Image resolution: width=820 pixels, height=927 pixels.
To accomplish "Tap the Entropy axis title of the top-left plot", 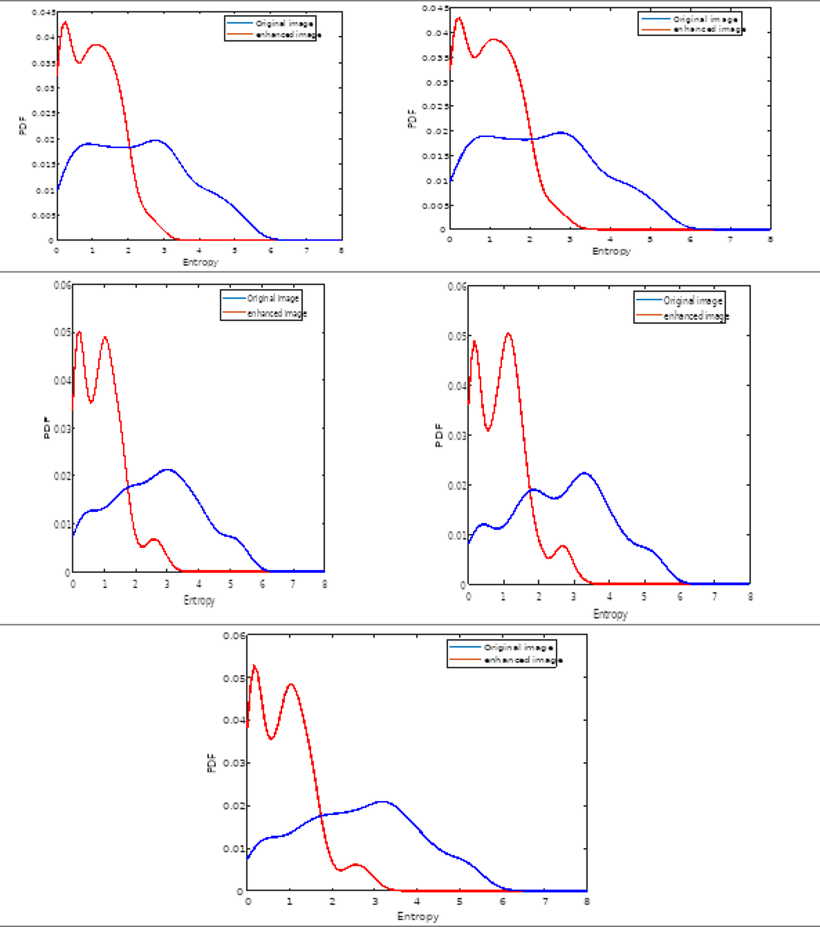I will click(x=201, y=262).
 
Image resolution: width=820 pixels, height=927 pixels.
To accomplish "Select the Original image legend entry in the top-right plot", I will click(x=705, y=20).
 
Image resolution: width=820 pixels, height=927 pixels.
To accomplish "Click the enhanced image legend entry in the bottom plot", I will click(x=523, y=660).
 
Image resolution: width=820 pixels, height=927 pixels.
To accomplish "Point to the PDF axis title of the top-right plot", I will click(x=412, y=119).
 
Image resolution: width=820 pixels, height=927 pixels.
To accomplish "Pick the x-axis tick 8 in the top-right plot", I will click(x=770, y=239).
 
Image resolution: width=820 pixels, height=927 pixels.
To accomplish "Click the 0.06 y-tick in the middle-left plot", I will click(x=62, y=285).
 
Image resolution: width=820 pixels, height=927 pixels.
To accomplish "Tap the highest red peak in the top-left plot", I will click(x=65, y=22).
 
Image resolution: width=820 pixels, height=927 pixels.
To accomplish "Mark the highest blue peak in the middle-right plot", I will click(x=584, y=473).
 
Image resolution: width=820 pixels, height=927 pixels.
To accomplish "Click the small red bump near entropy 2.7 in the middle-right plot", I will click(x=563, y=546).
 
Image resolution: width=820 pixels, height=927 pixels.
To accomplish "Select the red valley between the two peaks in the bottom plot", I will click(x=271, y=739).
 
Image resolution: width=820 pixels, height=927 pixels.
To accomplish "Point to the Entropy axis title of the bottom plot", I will click(x=418, y=916).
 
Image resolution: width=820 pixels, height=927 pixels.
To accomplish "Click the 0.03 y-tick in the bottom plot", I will click(x=234, y=763).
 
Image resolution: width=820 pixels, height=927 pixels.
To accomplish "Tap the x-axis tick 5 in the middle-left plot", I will click(x=230, y=585).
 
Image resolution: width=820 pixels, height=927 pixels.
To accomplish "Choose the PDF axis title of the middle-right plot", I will click(x=439, y=436).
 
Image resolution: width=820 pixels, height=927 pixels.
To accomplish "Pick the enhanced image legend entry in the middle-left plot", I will click(x=276, y=313).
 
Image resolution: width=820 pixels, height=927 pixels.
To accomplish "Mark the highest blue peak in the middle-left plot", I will click(x=168, y=470).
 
